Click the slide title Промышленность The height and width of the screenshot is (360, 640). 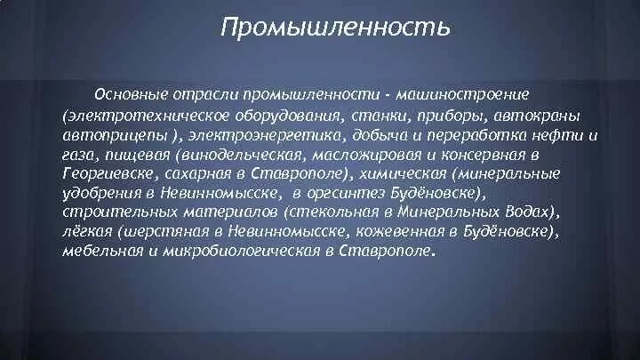pyautogui.click(x=335, y=29)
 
